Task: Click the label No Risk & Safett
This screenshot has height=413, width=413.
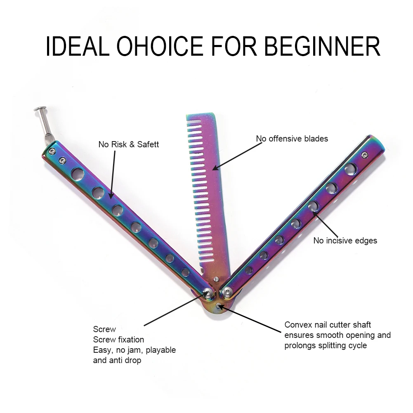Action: (x=128, y=144)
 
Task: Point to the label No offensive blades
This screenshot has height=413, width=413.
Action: (x=292, y=139)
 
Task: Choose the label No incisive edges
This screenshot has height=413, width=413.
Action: (x=345, y=241)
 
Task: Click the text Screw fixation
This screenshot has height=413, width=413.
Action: (x=118, y=340)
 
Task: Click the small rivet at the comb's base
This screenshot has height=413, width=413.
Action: (x=215, y=280)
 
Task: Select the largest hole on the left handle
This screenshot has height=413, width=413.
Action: (x=76, y=173)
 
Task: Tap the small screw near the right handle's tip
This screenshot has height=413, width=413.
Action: (x=364, y=155)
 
